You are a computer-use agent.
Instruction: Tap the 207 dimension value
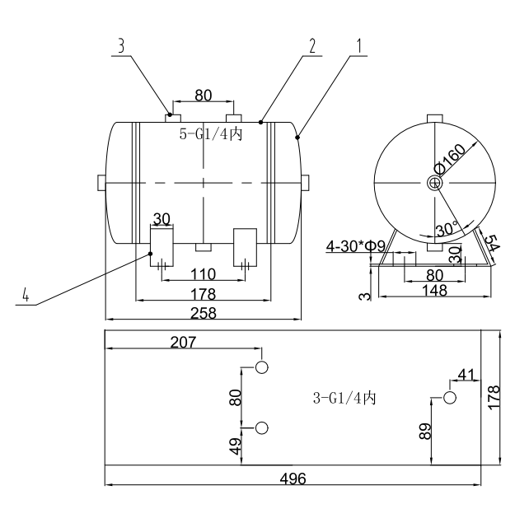coord(185,342)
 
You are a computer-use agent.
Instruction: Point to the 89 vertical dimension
coord(425,431)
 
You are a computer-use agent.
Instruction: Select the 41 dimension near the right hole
coord(466,376)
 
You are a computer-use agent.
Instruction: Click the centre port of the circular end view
coord(435,183)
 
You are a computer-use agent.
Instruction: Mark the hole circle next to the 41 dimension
coord(450,398)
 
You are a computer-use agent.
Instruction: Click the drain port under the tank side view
coord(203,247)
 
